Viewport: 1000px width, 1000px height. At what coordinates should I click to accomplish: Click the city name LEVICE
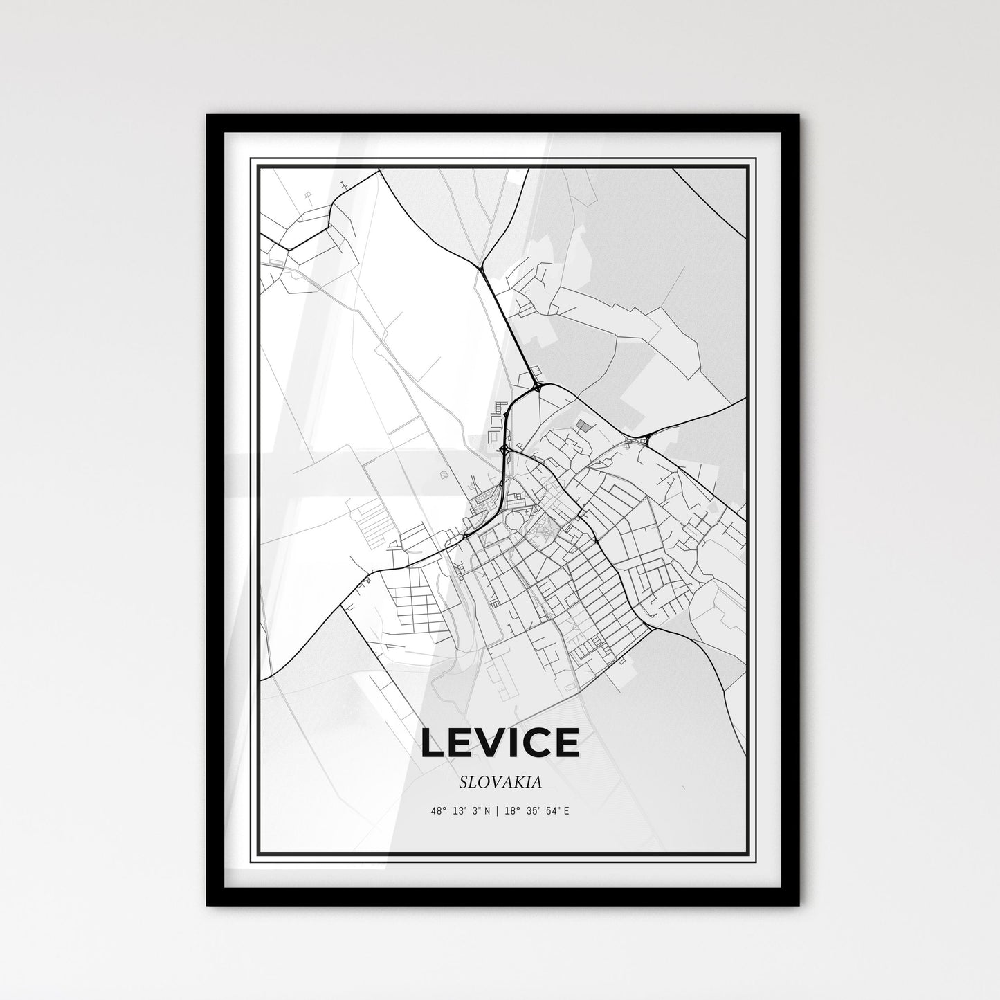500,743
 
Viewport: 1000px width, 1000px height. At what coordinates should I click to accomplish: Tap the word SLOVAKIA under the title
500,783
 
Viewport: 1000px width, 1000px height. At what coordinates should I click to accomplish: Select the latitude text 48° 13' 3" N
460,810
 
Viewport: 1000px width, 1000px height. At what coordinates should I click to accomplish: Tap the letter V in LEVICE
489,743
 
